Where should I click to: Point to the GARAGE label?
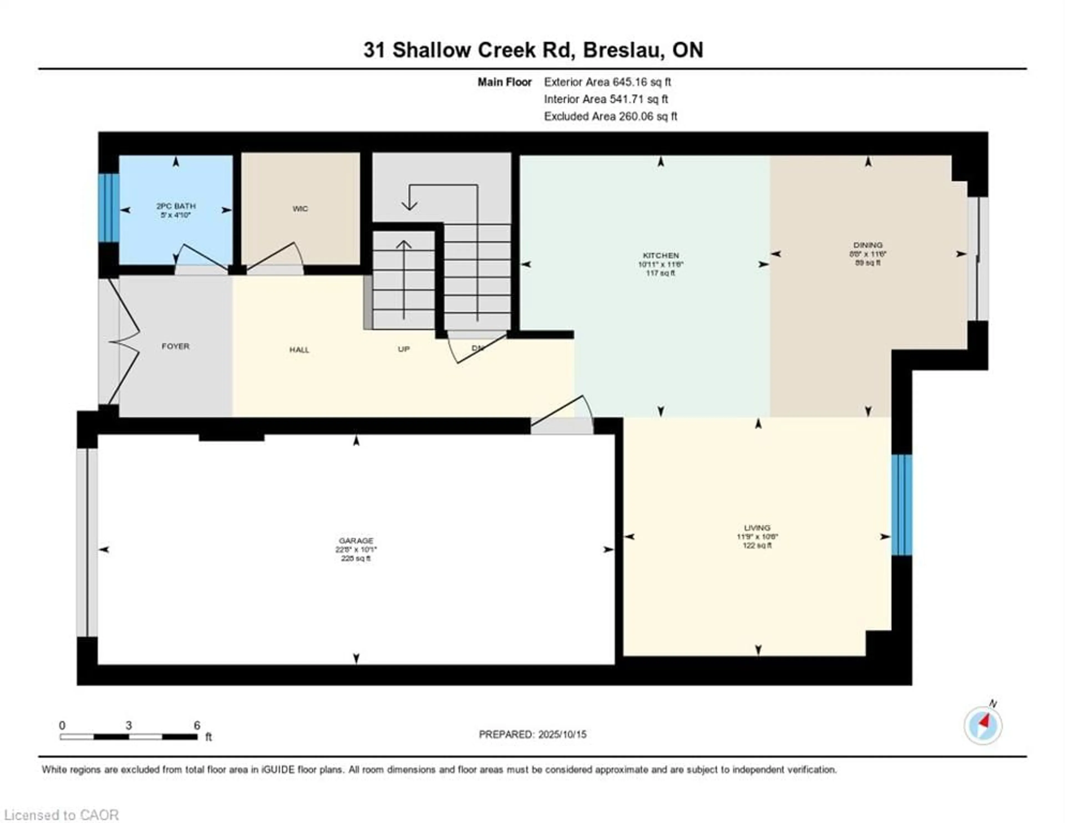tap(356, 541)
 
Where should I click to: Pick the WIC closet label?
tap(300, 209)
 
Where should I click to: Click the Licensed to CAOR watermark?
tap(61, 815)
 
